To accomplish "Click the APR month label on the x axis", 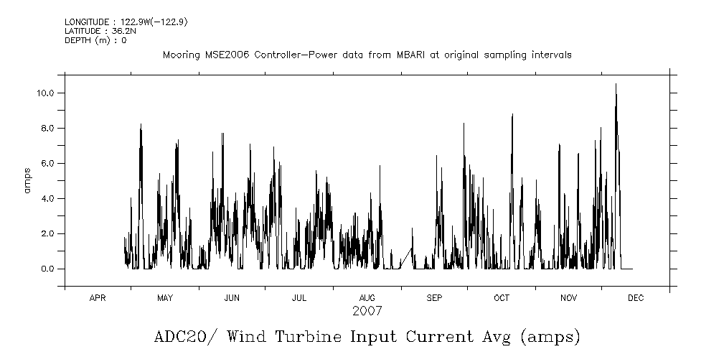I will pyautogui.click(x=98, y=298).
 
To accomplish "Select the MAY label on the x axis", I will pyautogui.click(x=165, y=298).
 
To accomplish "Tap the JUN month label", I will pyautogui.click(x=232, y=298).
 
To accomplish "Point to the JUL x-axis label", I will pyautogui.click(x=299, y=298).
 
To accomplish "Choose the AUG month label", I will pyautogui.click(x=367, y=298).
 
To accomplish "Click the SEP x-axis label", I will pyautogui.click(x=434, y=298).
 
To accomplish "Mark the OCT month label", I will pyautogui.click(x=501, y=298).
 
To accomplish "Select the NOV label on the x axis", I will pyautogui.click(x=568, y=298).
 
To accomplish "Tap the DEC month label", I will pyautogui.click(x=636, y=298).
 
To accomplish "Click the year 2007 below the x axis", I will pyautogui.click(x=367, y=312).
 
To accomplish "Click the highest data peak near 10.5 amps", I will pyautogui.click(x=616, y=85).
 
